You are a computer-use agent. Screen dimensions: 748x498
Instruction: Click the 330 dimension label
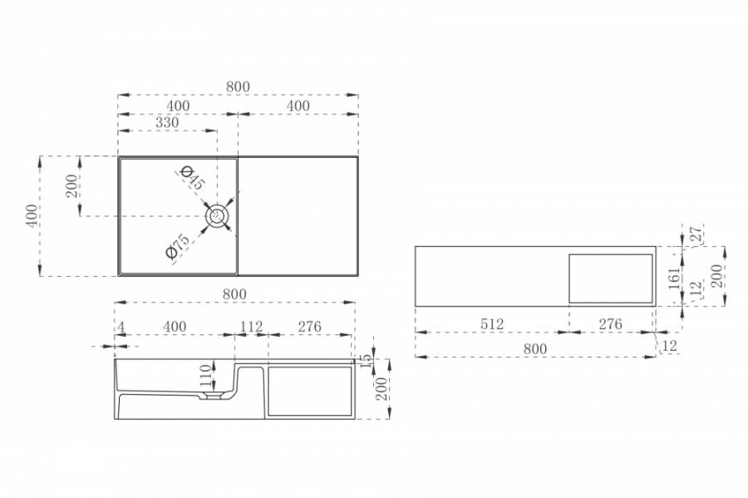(x=167, y=122)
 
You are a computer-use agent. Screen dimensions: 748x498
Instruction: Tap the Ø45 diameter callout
(x=193, y=177)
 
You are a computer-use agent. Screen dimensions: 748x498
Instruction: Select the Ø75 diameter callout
(x=177, y=245)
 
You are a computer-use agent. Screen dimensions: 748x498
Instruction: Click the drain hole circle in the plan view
(x=219, y=216)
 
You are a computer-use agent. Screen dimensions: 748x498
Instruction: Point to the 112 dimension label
(x=251, y=327)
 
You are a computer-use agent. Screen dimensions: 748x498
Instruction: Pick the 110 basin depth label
(x=205, y=376)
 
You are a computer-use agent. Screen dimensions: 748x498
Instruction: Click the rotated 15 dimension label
(x=367, y=361)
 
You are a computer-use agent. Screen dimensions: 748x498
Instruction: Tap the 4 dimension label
(x=121, y=327)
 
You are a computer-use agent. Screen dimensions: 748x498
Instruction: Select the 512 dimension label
(x=492, y=324)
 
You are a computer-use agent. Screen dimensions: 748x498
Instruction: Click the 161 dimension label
(x=674, y=279)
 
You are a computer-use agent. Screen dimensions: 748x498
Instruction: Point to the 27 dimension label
(x=696, y=234)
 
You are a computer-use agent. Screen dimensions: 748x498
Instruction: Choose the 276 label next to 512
(x=611, y=324)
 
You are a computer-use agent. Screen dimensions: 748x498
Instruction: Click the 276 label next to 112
(x=310, y=327)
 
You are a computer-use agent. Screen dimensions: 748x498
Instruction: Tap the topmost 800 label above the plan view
(x=238, y=86)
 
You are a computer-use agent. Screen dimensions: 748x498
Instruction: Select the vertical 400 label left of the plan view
(x=32, y=216)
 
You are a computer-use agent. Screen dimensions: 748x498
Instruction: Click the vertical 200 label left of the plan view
(x=71, y=186)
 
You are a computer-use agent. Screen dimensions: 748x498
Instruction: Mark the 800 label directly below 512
(x=534, y=348)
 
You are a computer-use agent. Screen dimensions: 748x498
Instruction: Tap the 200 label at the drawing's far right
(x=717, y=276)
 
